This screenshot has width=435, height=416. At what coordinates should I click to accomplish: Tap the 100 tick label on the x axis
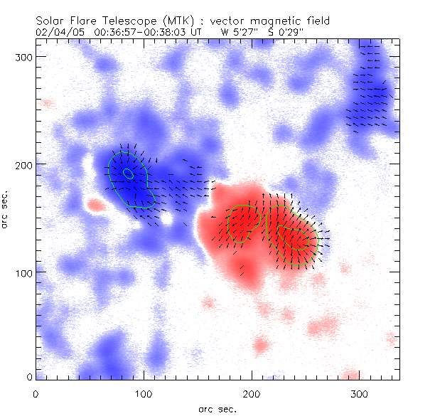(x=144, y=393)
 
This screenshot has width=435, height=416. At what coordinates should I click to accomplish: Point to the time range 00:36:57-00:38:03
(x=144, y=32)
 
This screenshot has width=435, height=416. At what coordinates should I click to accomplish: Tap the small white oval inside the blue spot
(x=128, y=174)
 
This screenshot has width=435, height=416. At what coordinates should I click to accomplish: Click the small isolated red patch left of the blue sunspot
(x=95, y=206)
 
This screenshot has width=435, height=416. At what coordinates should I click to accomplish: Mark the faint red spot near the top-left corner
(x=48, y=103)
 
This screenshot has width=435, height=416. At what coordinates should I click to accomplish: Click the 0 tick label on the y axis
(x=28, y=378)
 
